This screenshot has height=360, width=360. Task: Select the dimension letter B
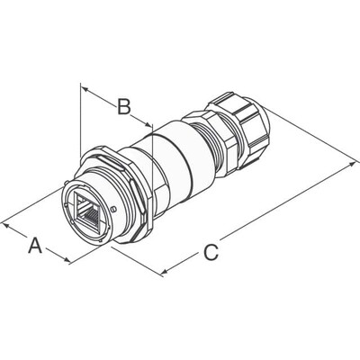coord(126,107)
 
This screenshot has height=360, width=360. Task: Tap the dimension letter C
coord(210,253)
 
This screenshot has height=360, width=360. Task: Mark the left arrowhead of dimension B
coord(85,88)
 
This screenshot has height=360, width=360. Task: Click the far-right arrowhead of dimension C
coord(353,166)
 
